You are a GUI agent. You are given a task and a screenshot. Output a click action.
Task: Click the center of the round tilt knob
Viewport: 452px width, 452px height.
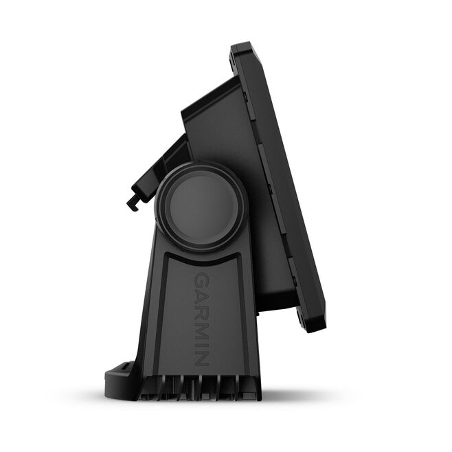click(x=203, y=206)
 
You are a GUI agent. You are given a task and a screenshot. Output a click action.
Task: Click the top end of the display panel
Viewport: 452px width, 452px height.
click(x=242, y=45)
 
